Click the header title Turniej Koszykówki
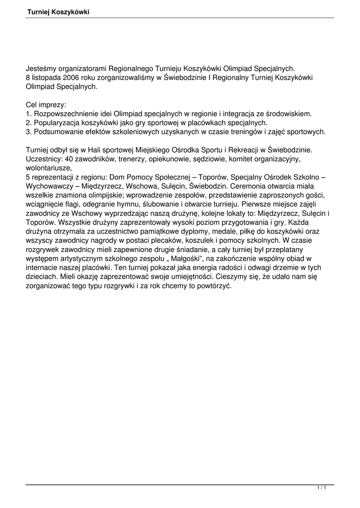point(58,11)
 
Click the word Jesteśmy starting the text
point(42,69)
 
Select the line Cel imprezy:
point(46,105)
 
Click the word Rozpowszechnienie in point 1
point(65,114)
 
